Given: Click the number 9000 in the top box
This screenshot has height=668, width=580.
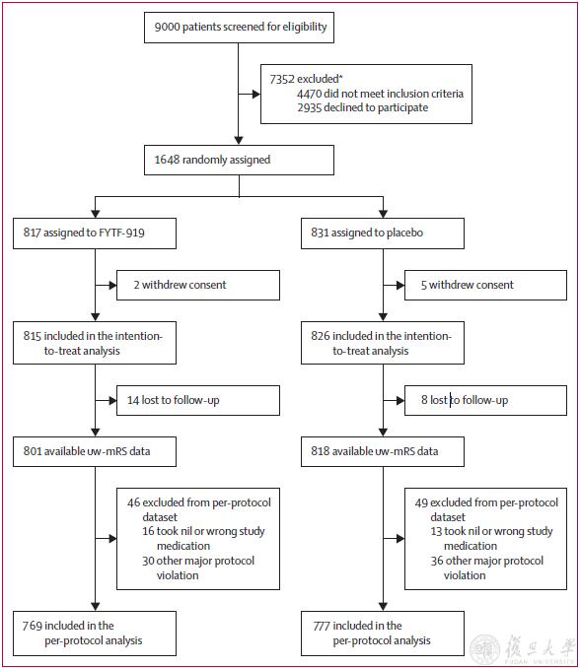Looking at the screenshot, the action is point(167,27).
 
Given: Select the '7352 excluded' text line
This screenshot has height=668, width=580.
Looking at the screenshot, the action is point(306,79).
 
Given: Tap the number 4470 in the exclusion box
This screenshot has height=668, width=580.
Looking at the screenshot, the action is point(309,94).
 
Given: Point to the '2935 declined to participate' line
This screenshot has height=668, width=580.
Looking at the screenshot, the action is point(363,107).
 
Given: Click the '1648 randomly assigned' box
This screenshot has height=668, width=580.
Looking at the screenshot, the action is point(239,160).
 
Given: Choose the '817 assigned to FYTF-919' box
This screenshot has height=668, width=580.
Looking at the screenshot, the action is point(95,234).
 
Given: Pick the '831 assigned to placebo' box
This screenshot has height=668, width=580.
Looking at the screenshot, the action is point(383,234).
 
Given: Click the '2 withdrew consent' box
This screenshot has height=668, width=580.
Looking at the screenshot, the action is point(198,285).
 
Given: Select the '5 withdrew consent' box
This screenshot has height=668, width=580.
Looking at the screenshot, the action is point(485,285).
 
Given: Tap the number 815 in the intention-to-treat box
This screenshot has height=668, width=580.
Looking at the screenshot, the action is point(33,336).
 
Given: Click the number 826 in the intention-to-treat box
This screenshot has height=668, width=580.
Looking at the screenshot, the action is point(321,336).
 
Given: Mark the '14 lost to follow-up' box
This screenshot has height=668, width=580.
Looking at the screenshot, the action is point(198,400).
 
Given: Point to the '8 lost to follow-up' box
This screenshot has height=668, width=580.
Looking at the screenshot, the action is point(485,400).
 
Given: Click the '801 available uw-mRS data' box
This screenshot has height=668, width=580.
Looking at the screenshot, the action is point(95,451).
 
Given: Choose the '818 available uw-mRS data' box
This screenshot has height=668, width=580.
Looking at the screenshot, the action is point(383,451).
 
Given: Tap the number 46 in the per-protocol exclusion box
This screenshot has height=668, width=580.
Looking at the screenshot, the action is point(133,502).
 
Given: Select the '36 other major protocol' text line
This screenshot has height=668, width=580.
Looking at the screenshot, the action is point(487,561).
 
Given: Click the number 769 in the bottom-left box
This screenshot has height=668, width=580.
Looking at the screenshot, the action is point(32,626).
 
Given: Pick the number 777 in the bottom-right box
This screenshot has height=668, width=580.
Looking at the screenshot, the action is point(322,626).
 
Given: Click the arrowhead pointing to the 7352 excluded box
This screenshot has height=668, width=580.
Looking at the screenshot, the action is point(256,95).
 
